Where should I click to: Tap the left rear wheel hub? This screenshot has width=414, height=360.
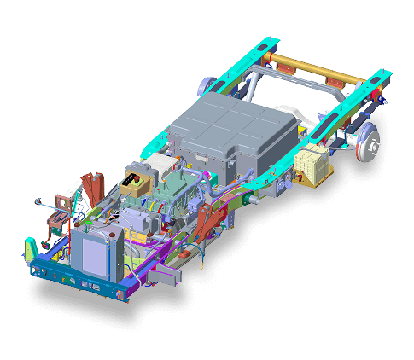pyautogui.click(x=206, y=85)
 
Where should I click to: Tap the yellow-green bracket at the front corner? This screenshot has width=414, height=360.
pyautogui.click(x=30, y=249)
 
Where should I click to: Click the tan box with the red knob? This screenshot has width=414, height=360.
pyautogui.click(x=137, y=181)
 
